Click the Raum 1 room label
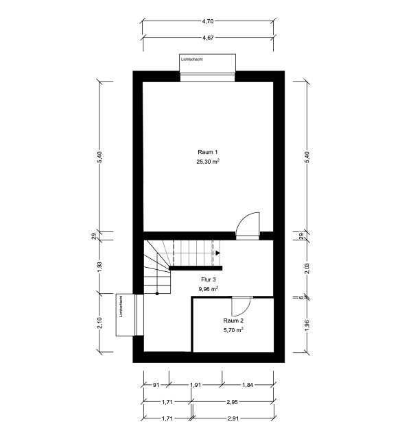click(207, 152)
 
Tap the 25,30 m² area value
click(208, 162)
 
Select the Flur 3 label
click(209, 279)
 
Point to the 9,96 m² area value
click(209, 289)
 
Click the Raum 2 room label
click(233, 321)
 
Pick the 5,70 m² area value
click(233, 330)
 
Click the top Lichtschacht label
click(192, 60)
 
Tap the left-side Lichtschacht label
click(121, 307)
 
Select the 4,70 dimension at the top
click(208, 21)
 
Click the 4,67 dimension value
click(208, 38)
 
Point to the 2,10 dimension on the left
click(100, 323)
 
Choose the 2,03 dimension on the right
click(307, 268)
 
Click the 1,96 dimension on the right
click(307, 325)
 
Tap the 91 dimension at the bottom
click(156, 385)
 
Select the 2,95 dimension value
click(232, 402)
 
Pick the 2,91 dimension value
click(233, 418)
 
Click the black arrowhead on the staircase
click(218, 253)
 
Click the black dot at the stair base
click(157, 293)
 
